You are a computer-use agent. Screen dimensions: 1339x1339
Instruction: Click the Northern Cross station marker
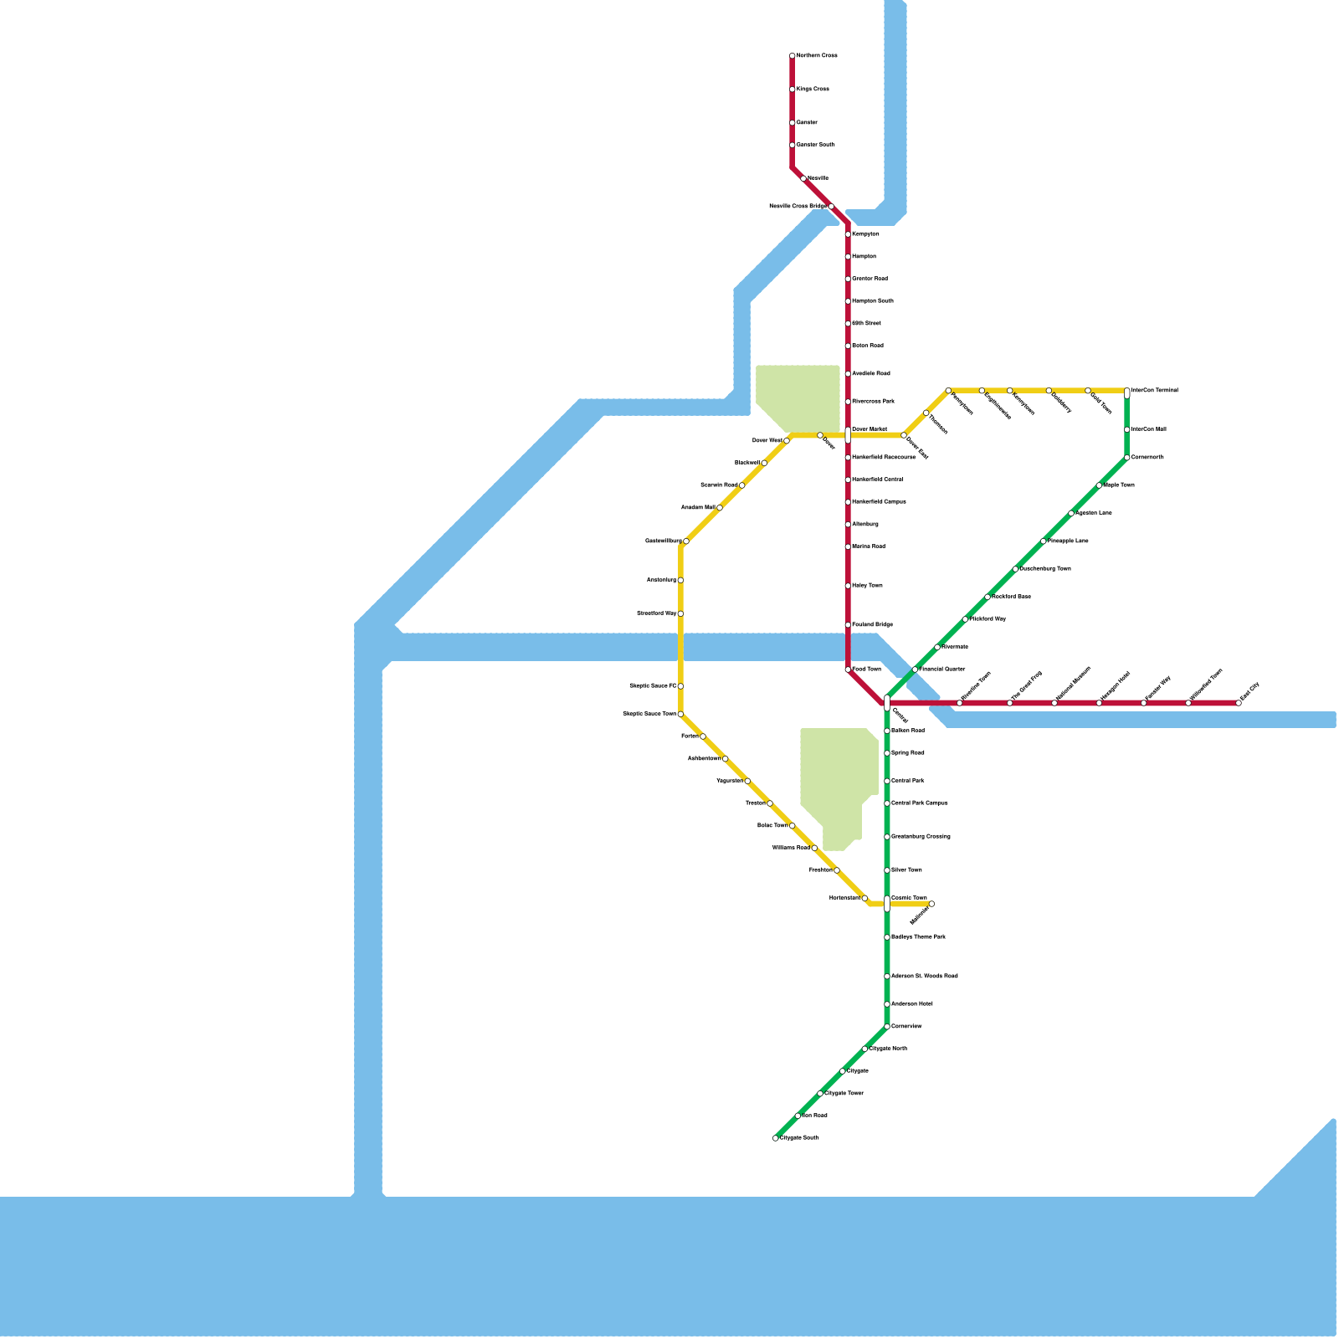click(793, 56)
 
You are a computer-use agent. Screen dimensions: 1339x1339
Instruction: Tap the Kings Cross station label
click(813, 90)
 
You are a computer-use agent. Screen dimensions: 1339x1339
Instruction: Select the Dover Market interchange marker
click(848, 434)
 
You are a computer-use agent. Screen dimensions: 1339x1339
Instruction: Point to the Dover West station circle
click(787, 440)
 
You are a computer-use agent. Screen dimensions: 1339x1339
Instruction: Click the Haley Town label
click(867, 586)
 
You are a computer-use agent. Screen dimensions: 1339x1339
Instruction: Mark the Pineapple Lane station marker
click(1044, 541)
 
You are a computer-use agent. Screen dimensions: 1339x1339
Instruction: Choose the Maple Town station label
click(1119, 485)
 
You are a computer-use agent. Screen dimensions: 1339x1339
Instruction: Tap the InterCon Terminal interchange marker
click(1127, 392)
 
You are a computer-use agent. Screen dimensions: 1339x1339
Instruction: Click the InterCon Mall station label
click(1148, 429)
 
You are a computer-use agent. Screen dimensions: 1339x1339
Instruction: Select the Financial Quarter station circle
click(916, 669)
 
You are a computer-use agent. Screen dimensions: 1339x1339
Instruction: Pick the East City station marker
click(1239, 703)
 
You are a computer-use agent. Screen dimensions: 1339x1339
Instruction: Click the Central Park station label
click(908, 781)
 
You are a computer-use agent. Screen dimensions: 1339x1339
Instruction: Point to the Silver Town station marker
click(887, 870)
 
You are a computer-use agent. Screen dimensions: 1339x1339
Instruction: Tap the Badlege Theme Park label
click(918, 937)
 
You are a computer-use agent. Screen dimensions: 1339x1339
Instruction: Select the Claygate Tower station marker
click(820, 1094)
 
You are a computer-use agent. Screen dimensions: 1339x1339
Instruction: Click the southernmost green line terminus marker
click(776, 1138)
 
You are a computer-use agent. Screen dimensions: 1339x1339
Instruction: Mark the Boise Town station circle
click(793, 826)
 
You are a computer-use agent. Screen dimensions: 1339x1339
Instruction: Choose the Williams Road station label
click(791, 848)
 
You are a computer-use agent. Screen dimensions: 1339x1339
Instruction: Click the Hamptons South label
click(873, 301)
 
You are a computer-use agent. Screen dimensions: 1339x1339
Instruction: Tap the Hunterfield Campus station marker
click(848, 502)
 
